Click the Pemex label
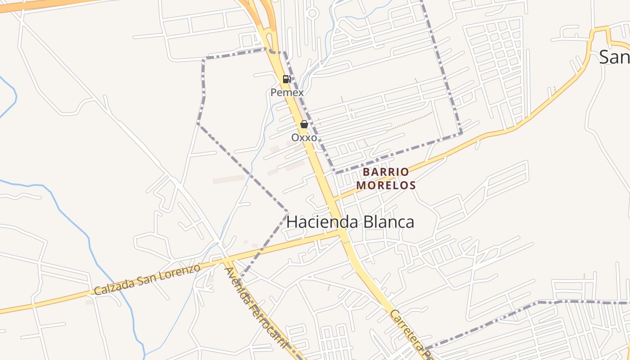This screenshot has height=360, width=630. pyautogui.click(x=287, y=93)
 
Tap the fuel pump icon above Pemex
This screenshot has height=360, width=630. pyautogui.click(x=287, y=79)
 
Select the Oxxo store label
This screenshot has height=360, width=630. pyautogui.click(x=304, y=138)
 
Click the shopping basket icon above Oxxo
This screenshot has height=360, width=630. pyautogui.click(x=304, y=124)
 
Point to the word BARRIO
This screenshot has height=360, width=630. pyautogui.click(x=386, y=172)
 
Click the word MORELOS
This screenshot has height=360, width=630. pyautogui.click(x=386, y=185)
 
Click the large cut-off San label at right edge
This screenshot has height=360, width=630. pyautogui.click(x=615, y=57)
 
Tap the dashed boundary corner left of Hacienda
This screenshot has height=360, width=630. pyautogui.click(x=288, y=211)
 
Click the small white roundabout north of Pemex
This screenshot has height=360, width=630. pyautogui.click(x=312, y=13)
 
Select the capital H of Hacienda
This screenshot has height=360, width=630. pyautogui.click(x=292, y=222)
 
